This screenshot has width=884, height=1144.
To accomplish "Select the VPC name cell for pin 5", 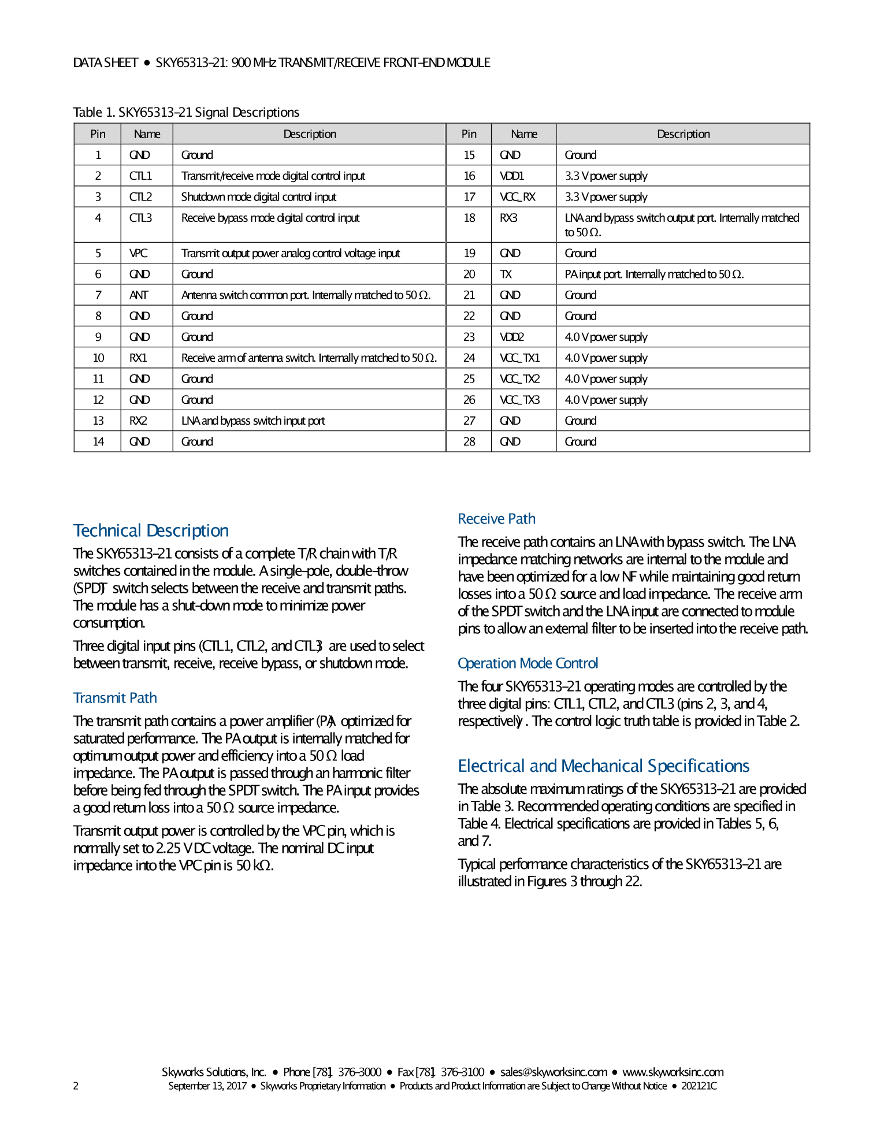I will click(139, 253).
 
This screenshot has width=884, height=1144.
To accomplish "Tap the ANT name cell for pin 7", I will click(139, 295).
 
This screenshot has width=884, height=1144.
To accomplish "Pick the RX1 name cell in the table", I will click(139, 358).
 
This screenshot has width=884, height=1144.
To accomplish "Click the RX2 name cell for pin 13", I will click(139, 421).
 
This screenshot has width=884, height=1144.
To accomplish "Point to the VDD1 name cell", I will click(512, 176).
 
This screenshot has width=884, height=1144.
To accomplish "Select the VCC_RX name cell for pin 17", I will click(518, 197).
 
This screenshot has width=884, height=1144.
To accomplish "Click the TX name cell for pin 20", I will click(506, 274).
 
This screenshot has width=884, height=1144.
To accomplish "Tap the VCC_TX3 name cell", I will click(520, 400).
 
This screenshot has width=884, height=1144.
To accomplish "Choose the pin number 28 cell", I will click(469, 442).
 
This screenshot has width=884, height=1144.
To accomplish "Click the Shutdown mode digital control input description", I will click(259, 197).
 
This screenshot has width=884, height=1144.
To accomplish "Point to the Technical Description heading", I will click(151, 530).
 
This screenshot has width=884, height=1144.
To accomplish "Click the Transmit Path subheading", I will click(115, 698).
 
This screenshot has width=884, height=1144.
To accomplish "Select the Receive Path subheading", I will click(497, 519).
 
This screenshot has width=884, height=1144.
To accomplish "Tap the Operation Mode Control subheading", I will click(528, 663).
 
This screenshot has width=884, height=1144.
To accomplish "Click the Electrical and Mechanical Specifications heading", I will click(604, 766).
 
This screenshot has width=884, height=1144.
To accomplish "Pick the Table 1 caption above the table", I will click(186, 112).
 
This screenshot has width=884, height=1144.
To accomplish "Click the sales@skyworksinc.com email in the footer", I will click(554, 1072).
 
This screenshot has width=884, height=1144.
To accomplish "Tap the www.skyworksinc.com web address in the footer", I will click(673, 1072).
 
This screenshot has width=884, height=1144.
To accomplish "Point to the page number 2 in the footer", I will click(76, 1086).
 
